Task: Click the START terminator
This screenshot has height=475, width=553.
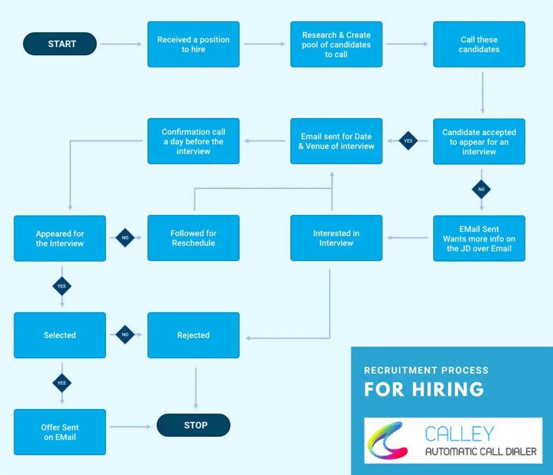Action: click(60, 44)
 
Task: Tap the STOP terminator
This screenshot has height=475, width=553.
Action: click(193, 425)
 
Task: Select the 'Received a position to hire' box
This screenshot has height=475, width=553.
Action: click(193, 44)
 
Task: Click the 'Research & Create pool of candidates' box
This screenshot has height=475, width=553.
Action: click(336, 44)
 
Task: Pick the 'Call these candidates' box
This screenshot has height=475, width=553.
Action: click(479, 44)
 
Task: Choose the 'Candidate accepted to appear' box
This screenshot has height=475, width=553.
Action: click(479, 142)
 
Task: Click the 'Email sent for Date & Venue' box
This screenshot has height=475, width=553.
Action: click(336, 141)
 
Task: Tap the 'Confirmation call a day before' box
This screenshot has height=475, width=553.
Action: click(193, 141)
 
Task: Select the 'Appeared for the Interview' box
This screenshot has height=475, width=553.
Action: click(60, 238)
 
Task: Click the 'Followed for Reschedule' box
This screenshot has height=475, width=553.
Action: click(193, 238)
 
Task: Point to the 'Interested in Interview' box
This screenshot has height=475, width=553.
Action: click(336, 238)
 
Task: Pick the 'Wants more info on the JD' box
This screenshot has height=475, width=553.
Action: click(479, 238)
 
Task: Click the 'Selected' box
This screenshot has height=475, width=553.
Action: click(60, 335)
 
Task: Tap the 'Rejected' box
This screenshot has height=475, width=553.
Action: click(193, 335)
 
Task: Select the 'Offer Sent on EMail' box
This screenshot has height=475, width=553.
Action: click(60, 432)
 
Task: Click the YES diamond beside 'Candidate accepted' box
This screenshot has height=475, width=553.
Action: click(408, 141)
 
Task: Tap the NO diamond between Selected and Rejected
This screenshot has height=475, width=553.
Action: click(125, 335)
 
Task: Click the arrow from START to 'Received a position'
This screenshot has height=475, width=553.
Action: click(122, 44)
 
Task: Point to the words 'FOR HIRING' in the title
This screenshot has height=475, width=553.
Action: click(424, 389)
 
